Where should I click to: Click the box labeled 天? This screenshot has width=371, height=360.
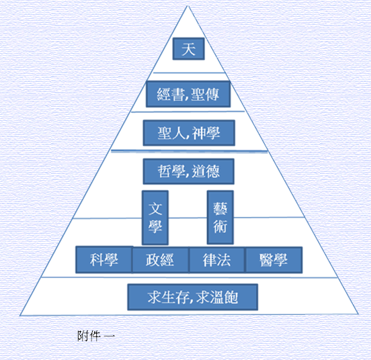click(189, 48)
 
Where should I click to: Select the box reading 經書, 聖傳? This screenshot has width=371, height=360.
click(188, 94)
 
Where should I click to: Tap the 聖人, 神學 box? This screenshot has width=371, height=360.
click(189, 132)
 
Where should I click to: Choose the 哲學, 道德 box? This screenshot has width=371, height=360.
click(189, 171)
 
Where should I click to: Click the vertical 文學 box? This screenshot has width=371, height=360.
click(155, 218)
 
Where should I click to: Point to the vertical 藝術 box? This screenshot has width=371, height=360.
click(220, 217)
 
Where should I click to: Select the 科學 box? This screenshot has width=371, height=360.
click(104, 260)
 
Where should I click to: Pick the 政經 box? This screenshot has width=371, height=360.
click(161, 260)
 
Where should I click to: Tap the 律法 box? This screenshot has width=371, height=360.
click(216, 260)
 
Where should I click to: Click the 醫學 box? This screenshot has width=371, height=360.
click(274, 260)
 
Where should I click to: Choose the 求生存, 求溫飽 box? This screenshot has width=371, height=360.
click(193, 297)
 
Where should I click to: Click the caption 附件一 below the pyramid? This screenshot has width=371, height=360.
click(96, 336)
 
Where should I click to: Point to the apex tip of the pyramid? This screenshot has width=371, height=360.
click(188, 5)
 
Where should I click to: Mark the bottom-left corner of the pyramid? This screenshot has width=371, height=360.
click(20, 316)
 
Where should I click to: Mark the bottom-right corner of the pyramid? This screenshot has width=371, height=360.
click(358, 314)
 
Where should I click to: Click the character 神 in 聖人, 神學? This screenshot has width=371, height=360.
click(199, 133)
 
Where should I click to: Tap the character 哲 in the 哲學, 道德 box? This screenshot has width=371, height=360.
click(165, 171)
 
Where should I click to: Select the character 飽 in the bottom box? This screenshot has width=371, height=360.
click(231, 297)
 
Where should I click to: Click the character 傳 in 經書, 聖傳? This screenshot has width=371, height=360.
click(212, 94)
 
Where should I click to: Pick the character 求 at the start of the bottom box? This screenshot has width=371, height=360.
click(155, 297)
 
